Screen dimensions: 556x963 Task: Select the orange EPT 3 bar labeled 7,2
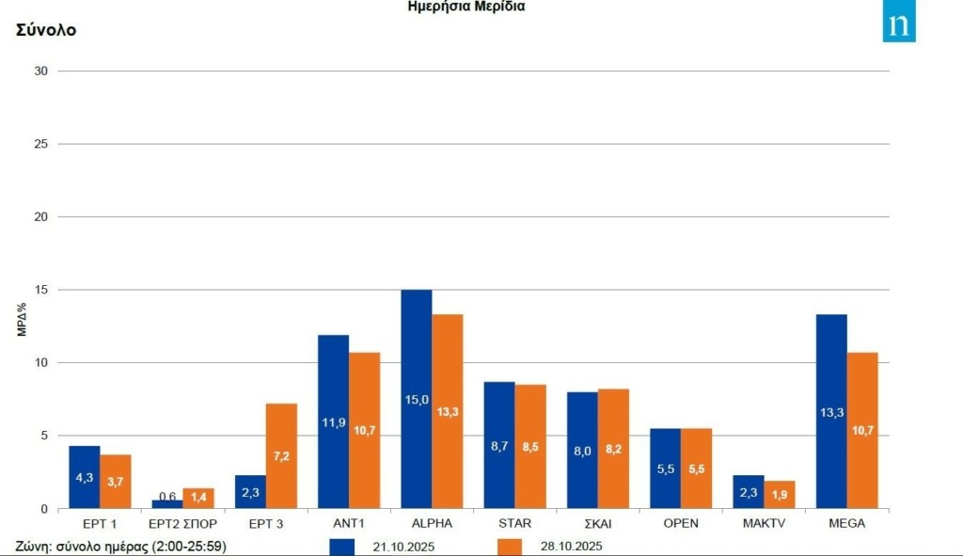pyautogui.click(x=281, y=456)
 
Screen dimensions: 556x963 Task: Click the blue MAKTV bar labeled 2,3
pyautogui.click(x=749, y=492)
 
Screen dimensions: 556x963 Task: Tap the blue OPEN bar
pyautogui.click(x=666, y=469)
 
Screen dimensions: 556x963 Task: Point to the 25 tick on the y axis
pyautogui.click(x=41, y=144)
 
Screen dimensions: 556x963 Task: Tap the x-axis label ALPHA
pyautogui.click(x=432, y=523)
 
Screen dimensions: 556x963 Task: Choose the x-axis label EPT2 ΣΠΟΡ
pyautogui.click(x=183, y=523)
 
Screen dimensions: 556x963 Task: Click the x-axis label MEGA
pyautogui.click(x=846, y=523)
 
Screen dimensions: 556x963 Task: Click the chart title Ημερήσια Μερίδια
pyautogui.click(x=466, y=7)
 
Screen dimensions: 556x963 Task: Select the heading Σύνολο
pyautogui.click(x=46, y=30)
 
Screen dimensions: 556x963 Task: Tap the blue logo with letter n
pyautogui.click(x=898, y=25)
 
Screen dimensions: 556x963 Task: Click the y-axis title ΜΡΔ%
pyautogui.click(x=20, y=319)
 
